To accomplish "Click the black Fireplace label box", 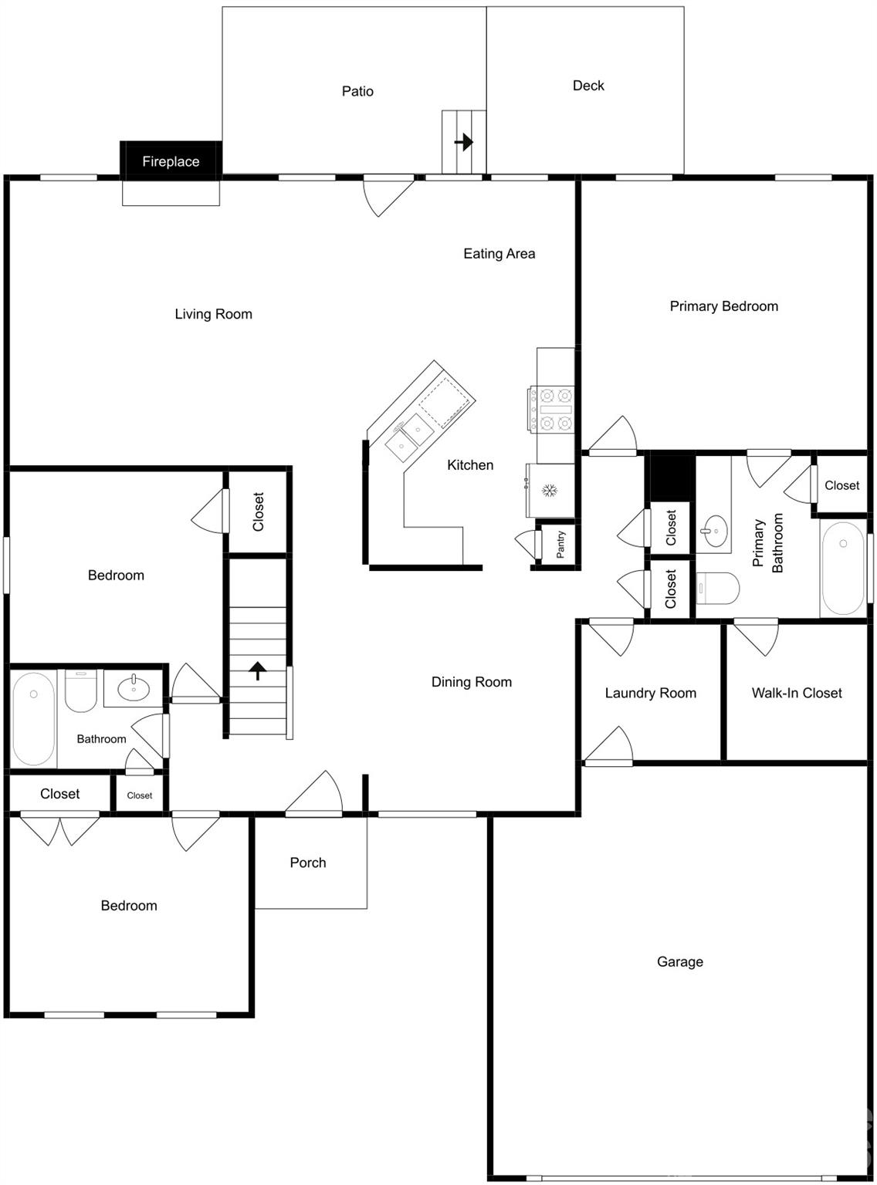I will (171, 160).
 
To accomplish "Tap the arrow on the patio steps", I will (463, 142).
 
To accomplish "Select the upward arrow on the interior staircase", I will (258, 670).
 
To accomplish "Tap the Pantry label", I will (560, 545).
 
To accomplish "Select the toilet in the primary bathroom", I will (716, 589).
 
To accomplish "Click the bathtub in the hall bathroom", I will (33, 718).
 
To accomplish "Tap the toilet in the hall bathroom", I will (80, 690).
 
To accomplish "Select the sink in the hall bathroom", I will (134, 687).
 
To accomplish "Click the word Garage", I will (679, 961).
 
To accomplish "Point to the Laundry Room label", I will (650, 693).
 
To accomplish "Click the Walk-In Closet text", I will (796, 693).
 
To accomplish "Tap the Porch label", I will (307, 863).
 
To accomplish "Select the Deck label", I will (588, 86).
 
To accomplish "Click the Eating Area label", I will (499, 253).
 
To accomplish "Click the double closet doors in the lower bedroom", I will (60, 828).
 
